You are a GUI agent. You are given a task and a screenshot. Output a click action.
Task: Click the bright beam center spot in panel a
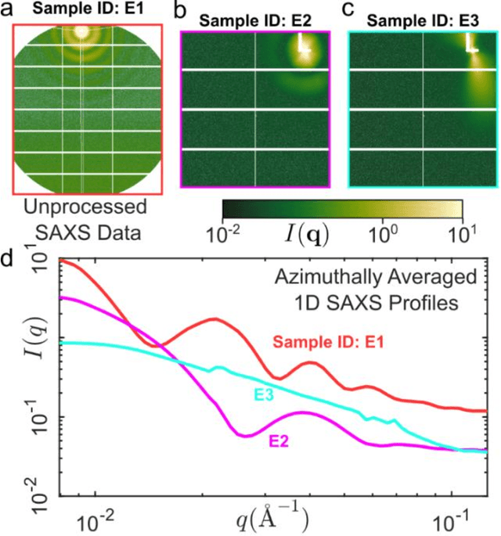[78, 34]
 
